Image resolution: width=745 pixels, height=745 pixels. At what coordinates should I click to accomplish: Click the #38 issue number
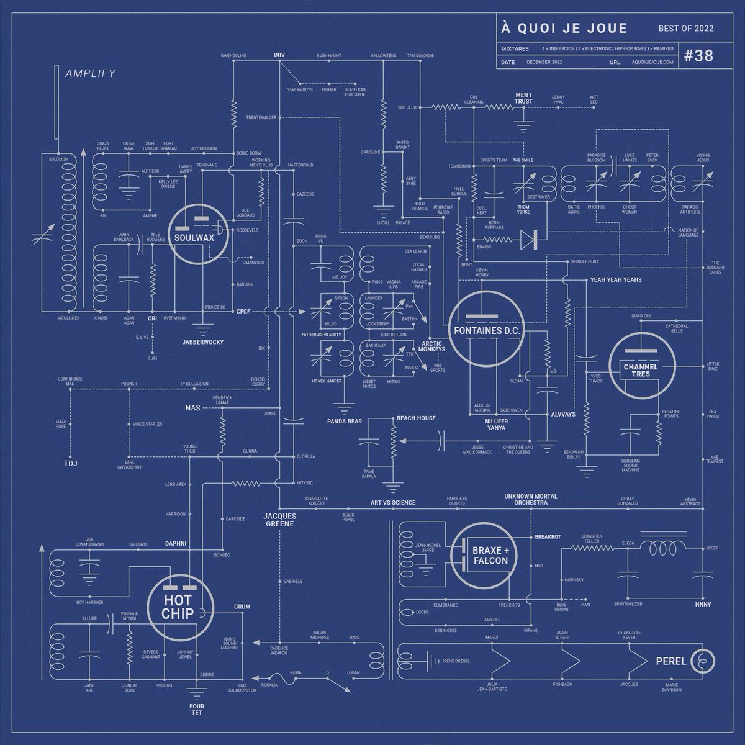(x=698, y=55)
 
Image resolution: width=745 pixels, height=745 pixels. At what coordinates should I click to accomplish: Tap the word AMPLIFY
(x=91, y=73)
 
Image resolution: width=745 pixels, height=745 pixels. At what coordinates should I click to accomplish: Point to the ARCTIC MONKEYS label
(x=433, y=347)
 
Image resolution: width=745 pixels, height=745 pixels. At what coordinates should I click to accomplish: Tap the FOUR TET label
(x=197, y=709)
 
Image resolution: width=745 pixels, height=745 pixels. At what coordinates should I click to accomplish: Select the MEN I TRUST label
(x=523, y=98)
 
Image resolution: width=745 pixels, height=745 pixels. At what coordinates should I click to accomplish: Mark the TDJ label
(x=70, y=464)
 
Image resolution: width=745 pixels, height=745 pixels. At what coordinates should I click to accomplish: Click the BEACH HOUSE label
(x=416, y=418)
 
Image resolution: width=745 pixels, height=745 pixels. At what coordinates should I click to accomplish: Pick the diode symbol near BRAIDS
(x=528, y=237)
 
